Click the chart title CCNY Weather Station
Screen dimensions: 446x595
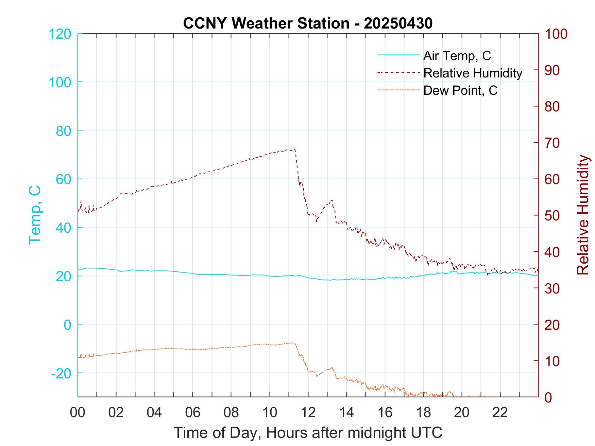[x=308, y=23]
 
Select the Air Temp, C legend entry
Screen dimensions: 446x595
[x=457, y=56]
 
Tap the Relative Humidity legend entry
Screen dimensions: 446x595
[x=473, y=73]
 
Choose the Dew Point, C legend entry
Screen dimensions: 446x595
[x=460, y=90]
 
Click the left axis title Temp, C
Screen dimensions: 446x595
[x=35, y=215]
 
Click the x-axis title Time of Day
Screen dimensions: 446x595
[x=308, y=432]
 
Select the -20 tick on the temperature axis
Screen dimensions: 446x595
[x=61, y=373]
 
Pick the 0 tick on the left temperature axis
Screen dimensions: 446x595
[x=68, y=325]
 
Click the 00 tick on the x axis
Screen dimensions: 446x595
[x=78, y=413]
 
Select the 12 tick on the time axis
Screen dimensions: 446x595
[x=308, y=413]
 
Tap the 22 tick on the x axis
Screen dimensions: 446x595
[x=500, y=413]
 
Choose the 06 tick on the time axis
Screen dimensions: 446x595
[x=193, y=413]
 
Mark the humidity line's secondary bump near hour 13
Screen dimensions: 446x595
[x=331, y=200]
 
